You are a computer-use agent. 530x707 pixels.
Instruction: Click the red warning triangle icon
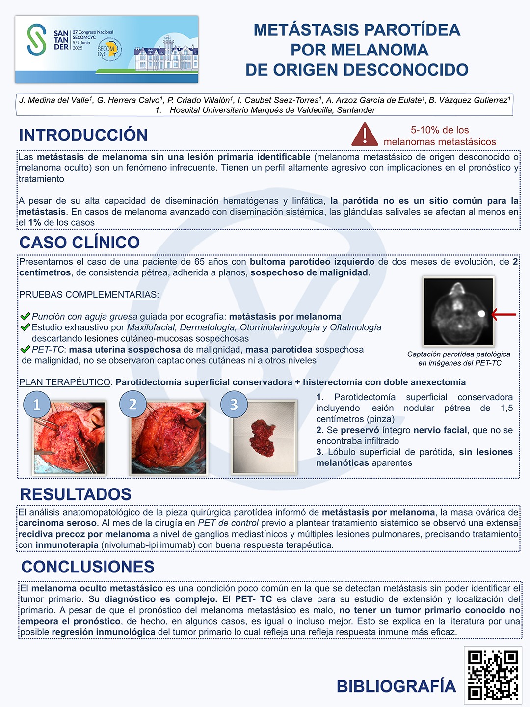(365, 135)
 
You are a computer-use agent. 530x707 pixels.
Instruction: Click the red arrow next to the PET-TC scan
(503, 314)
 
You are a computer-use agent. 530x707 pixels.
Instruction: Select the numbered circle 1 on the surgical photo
(37, 404)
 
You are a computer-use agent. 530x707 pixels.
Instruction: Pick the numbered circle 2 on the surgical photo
(132, 404)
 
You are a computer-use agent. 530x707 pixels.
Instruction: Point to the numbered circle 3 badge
(234, 404)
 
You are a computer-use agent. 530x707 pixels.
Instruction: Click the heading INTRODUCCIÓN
(83, 135)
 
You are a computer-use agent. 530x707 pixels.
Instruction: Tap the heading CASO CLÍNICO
(79, 242)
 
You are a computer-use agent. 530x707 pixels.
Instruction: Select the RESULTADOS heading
(76, 494)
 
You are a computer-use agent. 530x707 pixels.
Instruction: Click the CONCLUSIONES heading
(88, 567)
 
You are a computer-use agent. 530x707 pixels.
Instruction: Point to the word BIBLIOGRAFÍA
(396, 686)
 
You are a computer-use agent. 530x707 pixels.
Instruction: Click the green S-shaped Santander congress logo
(37, 40)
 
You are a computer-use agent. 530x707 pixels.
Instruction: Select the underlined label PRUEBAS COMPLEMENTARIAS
(88, 295)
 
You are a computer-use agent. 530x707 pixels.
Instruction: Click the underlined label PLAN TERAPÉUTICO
(65, 382)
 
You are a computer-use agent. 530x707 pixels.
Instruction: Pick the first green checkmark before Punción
(26, 316)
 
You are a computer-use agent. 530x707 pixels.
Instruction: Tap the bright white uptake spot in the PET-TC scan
(481, 313)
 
